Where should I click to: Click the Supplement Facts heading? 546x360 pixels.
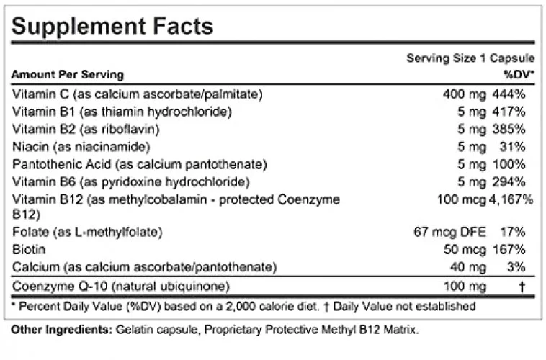click(113, 26)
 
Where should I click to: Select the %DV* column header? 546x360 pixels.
click(517, 74)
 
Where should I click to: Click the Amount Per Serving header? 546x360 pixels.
click(68, 75)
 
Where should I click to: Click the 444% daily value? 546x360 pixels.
click(509, 94)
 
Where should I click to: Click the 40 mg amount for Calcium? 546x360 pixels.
click(465, 267)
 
